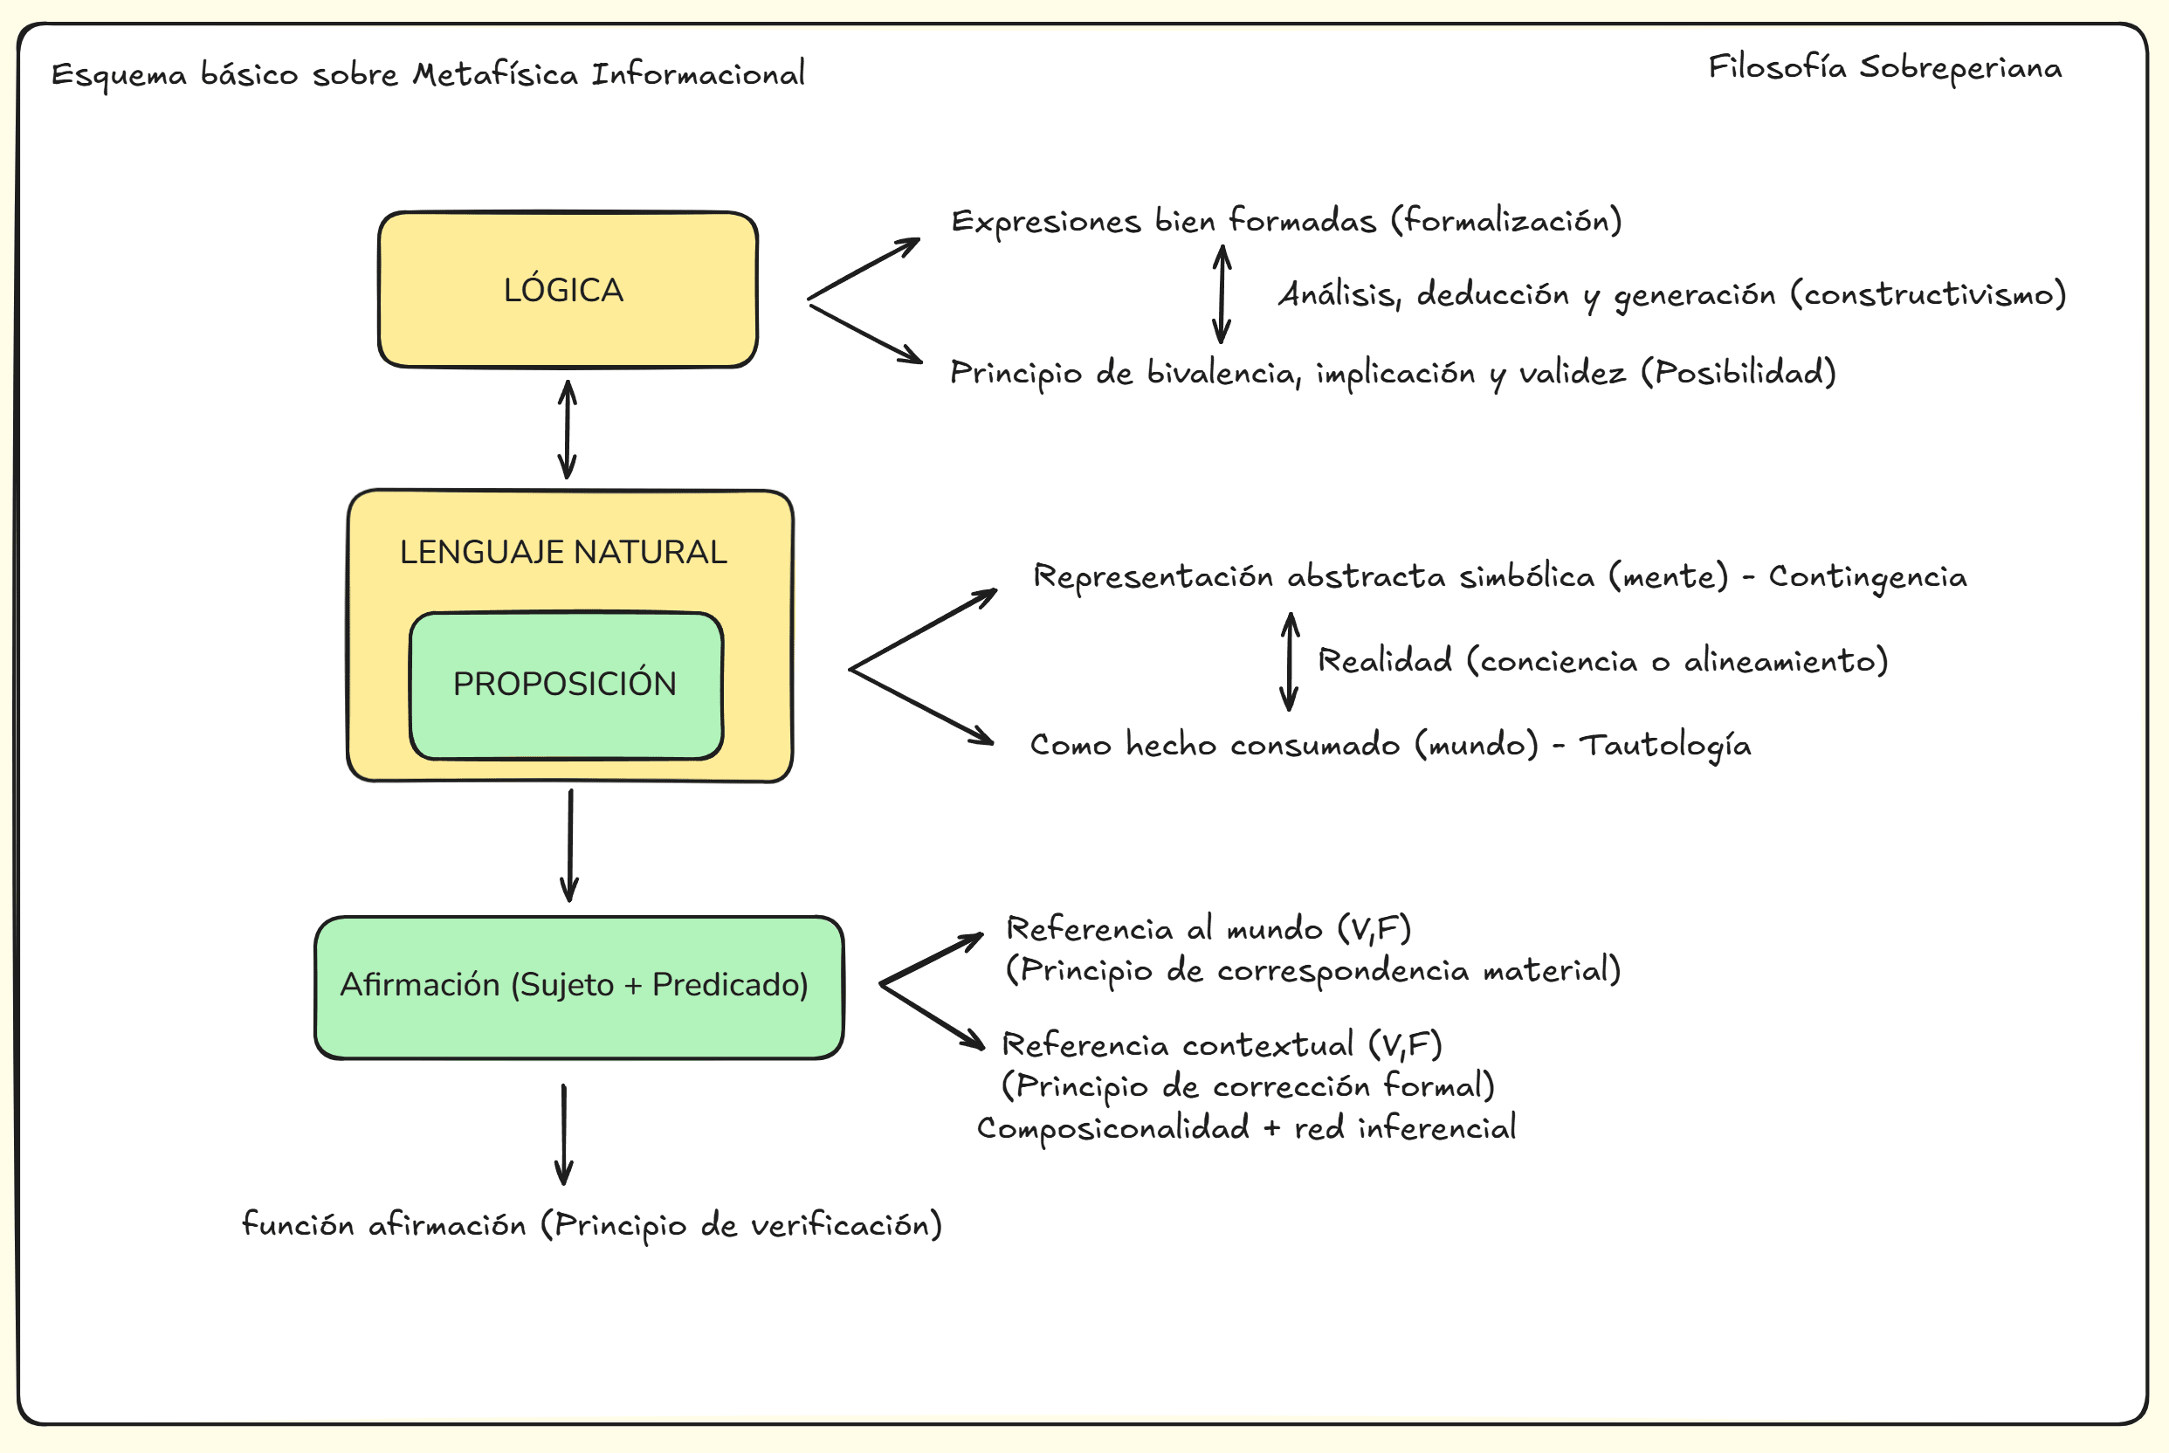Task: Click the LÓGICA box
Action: click(x=567, y=290)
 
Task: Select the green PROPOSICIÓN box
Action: click(x=565, y=685)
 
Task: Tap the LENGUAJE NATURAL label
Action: click(x=562, y=552)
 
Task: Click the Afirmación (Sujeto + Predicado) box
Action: click(x=578, y=986)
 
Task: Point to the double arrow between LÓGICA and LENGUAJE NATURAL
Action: click(x=568, y=429)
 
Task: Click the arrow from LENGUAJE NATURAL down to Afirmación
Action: click(x=570, y=845)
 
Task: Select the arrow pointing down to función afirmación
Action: click(x=563, y=1134)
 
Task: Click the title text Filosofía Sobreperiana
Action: click(x=1884, y=67)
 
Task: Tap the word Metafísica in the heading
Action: click(x=495, y=74)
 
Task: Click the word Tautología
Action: click(x=1665, y=745)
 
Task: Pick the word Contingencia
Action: click(x=1868, y=576)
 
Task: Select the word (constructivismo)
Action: click(x=1928, y=294)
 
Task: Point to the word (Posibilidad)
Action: click(x=1739, y=373)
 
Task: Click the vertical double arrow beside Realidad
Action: click(x=1289, y=662)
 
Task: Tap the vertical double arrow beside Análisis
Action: click(x=1222, y=293)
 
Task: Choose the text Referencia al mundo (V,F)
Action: click(x=1208, y=928)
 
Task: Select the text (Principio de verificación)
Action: click(x=742, y=1225)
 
